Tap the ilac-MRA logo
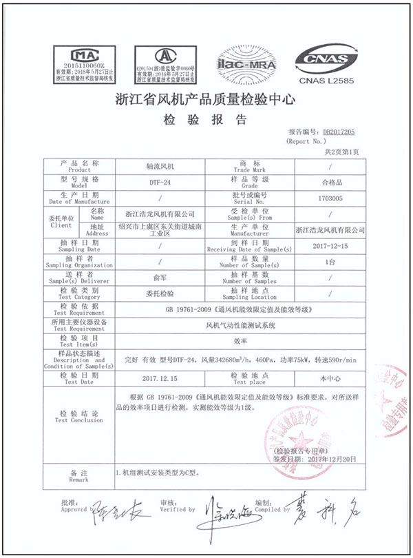(x=246, y=62)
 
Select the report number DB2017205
(x=339, y=131)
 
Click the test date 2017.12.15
(x=159, y=378)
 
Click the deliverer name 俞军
(x=159, y=277)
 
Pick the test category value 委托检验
(x=159, y=293)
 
